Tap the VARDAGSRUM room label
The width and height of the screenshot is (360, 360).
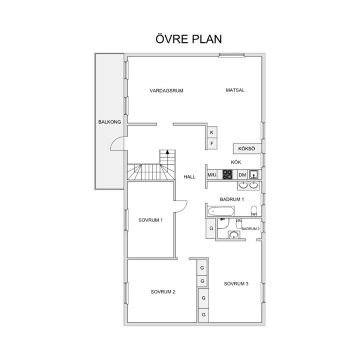(x=166, y=91)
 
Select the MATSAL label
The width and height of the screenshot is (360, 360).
(x=235, y=90)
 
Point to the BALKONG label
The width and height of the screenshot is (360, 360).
(x=109, y=122)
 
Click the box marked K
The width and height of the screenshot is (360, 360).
(x=212, y=132)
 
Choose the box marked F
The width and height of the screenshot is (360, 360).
(x=212, y=144)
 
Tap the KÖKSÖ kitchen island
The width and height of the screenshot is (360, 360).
(x=247, y=148)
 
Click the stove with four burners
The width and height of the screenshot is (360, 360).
(x=227, y=174)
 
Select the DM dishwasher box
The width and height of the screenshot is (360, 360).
(x=242, y=175)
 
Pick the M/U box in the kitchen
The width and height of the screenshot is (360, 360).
(x=212, y=175)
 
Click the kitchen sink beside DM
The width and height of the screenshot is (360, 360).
(x=254, y=174)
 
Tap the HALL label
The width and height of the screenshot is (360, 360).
(x=189, y=177)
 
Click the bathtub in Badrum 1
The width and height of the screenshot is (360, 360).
(x=221, y=211)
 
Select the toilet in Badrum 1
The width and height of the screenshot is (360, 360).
(x=254, y=211)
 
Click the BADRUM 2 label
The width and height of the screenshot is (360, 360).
(x=250, y=229)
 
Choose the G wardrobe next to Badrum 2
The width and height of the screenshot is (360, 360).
(x=211, y=228)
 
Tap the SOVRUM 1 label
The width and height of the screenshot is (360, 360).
(x=151, y=220)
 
